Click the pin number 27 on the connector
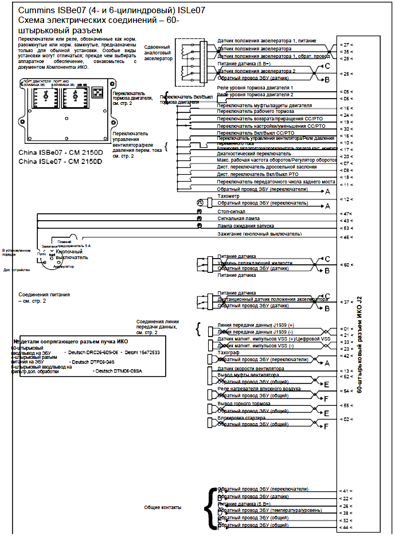[x=347, y=44]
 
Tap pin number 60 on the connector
[x=347, y=264]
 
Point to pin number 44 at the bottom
[x=347, y=527]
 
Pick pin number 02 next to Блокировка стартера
[x=347, y=419]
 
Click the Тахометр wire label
[x=228, y=196]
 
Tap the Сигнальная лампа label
[x=238, y=218]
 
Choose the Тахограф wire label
[x=228, y=353]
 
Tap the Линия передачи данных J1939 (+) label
[x=255, y=324]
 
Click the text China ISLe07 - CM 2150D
[x=60, y=162]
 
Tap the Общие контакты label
[x=162, y=507]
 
